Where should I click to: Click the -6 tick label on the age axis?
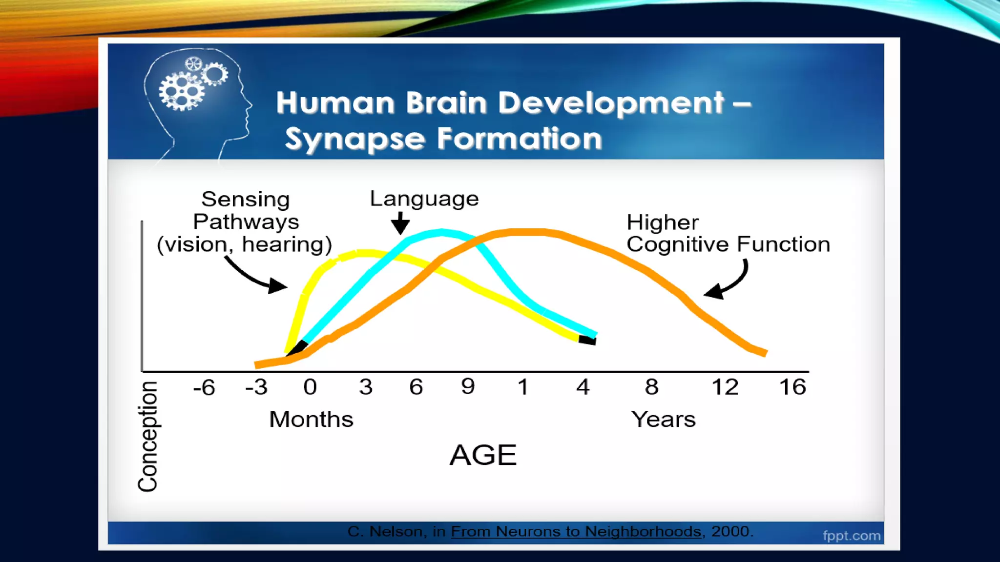(204, 388)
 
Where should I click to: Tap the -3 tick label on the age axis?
(257, 387)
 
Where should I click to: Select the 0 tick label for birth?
(310, 387)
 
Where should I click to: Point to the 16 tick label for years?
(792, 387)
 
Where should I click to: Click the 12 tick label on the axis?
(725, 387)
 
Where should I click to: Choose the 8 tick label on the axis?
(651, 387)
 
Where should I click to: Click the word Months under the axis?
(311, 420)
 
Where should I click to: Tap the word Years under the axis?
(663, 420)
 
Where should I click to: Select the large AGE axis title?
(483, 455)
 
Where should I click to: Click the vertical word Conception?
(147, 436)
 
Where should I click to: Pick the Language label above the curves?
(424, 199)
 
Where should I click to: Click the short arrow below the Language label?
(400, 223)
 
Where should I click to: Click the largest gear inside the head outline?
(181, 92)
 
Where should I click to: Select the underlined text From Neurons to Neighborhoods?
(576, 531)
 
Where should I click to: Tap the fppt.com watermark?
(852, 536)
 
